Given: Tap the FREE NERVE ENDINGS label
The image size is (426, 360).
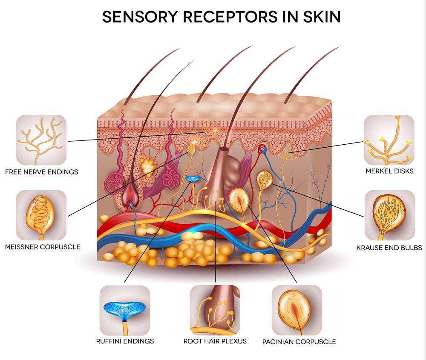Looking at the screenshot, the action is (42, 172).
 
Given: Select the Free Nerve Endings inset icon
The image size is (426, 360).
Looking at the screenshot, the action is (41, 140).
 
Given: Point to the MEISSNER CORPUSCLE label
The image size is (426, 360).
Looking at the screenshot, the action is (43, 247).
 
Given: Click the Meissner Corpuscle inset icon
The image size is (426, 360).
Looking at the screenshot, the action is (41, 215).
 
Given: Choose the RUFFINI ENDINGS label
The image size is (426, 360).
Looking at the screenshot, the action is (125, 341).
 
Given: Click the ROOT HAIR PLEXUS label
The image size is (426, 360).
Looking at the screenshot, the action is (215, 341).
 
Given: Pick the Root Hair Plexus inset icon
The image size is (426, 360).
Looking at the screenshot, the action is (215, 310).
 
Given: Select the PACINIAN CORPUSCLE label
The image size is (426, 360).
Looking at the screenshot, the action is (299, 342).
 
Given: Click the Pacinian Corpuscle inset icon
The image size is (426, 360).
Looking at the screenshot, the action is (297, 310).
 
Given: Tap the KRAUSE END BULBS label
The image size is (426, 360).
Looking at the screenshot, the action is (389, 248).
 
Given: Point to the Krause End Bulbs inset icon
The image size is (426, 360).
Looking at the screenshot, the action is (390, 215).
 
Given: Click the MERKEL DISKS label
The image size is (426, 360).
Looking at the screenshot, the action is (390, 171).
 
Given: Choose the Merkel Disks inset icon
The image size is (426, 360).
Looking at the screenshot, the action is (389, 140).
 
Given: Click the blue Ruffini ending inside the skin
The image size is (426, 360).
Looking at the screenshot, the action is (193, 179).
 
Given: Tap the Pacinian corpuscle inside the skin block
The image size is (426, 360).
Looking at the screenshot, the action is (239, 200).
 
